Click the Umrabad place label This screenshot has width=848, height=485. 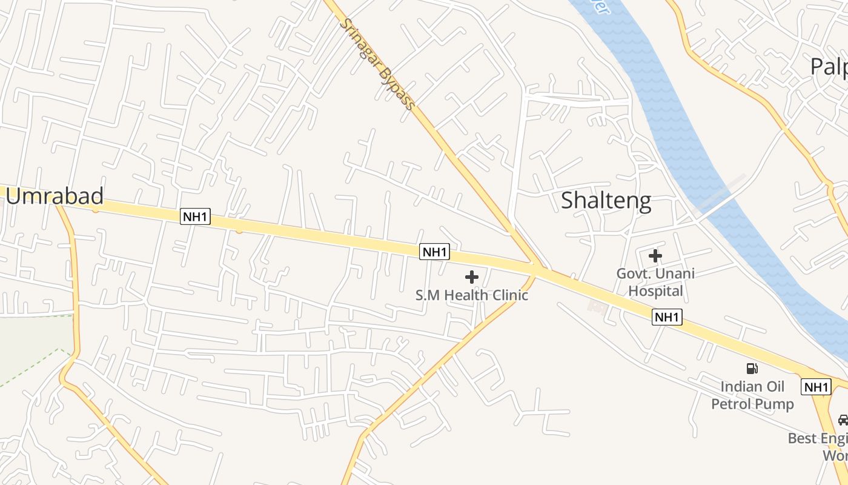tap(55, 196)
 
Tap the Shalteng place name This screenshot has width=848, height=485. tap(606, 200)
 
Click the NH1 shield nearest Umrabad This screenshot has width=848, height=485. tap(195, 216)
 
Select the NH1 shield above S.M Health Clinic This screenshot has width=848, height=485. tap(435, 252)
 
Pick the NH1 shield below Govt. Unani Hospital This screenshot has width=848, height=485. tap(667, 316)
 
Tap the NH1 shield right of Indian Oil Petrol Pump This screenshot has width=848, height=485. tap(816, 387)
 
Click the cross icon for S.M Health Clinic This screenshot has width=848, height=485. tap(472, 278)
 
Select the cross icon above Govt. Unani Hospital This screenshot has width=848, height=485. tap(655, 256)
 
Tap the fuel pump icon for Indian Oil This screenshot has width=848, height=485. tap(752, 368)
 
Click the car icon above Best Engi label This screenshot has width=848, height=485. tap(843, 420)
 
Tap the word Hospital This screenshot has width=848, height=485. tap(655, 291)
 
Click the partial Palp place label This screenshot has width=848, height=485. tap(830, 67)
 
